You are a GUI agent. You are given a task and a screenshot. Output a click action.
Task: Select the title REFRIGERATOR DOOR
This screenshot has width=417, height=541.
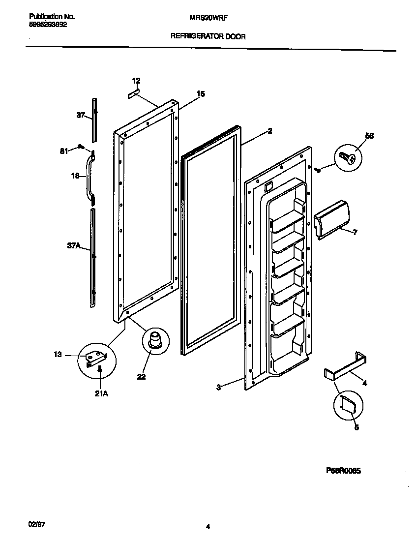pos(208,36)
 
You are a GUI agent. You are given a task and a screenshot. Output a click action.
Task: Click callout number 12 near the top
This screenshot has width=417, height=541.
pos(136,81)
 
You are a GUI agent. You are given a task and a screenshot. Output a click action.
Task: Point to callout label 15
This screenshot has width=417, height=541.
pos(201,93)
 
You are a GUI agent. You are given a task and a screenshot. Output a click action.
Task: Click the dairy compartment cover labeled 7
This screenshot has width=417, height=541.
pos(331,218)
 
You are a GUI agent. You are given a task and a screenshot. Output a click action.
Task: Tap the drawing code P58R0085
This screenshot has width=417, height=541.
pos(343,471)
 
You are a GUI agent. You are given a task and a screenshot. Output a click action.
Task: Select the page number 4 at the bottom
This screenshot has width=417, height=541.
pos(208,527)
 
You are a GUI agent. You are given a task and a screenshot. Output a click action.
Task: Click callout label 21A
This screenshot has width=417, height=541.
pos(100,393)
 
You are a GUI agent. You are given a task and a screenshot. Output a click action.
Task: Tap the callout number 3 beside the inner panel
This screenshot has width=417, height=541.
pos(218,388)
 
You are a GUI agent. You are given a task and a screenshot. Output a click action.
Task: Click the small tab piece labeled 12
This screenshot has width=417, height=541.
pos(134,94)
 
